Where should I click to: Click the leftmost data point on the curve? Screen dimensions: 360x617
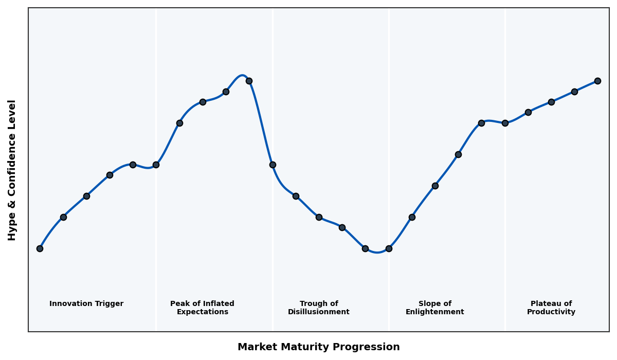tap(40, 248)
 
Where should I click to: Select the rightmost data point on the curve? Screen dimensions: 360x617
tap(597, 81)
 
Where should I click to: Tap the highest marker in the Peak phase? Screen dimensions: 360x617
tap(249, 81)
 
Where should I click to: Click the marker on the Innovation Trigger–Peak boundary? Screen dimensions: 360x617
tap(156, 165)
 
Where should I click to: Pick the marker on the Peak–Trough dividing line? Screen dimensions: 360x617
tap(273, 165)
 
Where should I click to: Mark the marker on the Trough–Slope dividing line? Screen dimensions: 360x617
tap(389, 248)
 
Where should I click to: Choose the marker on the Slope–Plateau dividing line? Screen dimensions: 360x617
tap(505, 123)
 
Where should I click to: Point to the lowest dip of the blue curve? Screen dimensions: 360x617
tap(377, 253)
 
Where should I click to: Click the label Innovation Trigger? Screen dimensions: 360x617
tap(86, 304)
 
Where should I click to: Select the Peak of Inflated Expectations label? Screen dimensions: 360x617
tap(202, 308)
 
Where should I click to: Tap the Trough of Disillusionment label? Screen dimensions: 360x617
tap(319, 308)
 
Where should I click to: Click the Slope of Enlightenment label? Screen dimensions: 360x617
tap(435, 308)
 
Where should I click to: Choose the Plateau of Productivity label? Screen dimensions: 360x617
tap(551, 308)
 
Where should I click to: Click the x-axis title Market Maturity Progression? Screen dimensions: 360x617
tap(319, 347)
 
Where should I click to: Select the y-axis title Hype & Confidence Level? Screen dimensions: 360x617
tap(12, 170)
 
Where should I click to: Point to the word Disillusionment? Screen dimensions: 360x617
tap(319, 312)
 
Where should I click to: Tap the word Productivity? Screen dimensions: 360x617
tap(551, 312)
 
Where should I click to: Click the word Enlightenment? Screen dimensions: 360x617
tap(435, 312)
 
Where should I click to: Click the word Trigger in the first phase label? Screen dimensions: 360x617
tap(110, 304)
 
